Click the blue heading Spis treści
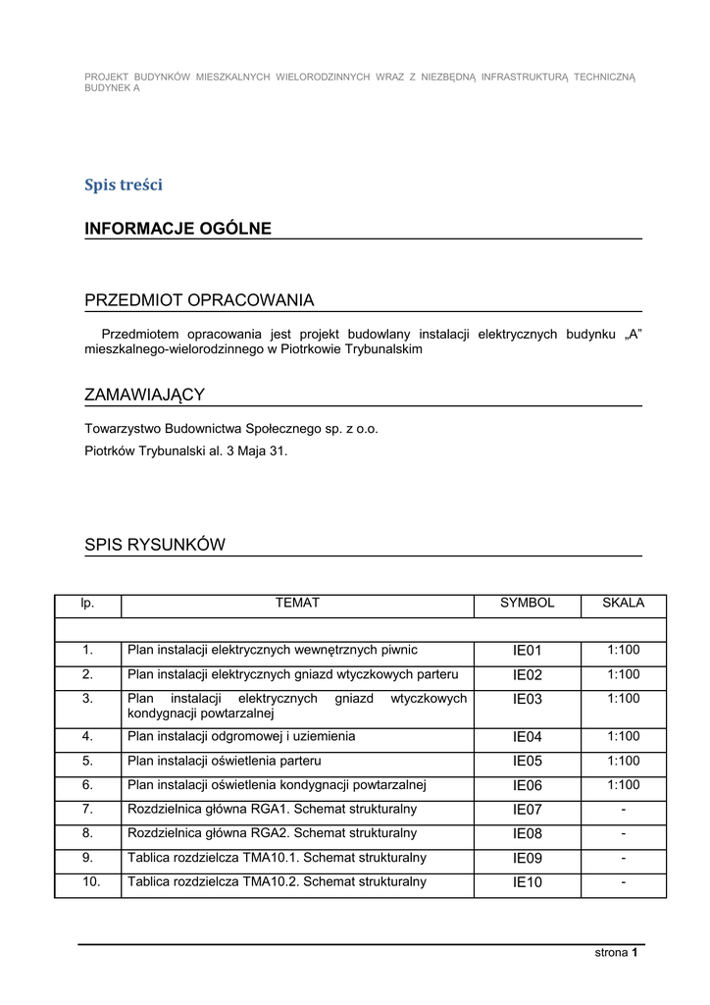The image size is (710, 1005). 124,185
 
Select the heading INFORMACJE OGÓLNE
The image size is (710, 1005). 177,229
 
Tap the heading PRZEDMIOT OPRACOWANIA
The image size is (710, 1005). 199,299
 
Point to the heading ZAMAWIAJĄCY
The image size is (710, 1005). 144,395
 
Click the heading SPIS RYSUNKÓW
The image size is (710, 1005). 155,545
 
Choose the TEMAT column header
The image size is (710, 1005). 297,604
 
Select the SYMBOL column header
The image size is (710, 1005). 527,604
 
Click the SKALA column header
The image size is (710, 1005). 623,604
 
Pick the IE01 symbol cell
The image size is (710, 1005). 527,651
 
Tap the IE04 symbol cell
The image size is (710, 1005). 527,737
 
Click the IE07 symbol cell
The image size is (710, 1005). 527,810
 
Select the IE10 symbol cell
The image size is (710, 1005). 527,882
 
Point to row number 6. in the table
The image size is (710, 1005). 87,785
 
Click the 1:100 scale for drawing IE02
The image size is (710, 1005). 623,674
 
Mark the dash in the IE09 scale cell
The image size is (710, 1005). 623,858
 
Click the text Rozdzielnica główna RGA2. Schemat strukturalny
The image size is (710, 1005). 273,833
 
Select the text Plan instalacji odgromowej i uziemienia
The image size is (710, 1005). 241,736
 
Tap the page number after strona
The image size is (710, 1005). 635,952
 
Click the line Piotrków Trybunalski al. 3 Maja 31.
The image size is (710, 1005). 186,451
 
